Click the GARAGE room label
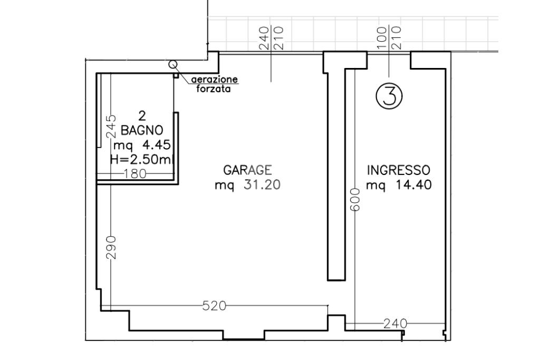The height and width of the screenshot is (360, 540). pos(247,170)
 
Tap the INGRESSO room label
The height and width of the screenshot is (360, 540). pos(399,170)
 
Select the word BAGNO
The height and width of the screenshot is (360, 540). pos(142,130)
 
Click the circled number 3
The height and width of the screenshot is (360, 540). pos(389,96)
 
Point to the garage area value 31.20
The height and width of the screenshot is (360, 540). pos(262,185)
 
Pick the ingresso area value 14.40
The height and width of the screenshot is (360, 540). pos(413,185)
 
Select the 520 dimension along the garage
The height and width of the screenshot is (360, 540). pos(214,306)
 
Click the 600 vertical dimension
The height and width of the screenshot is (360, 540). pos(355,200)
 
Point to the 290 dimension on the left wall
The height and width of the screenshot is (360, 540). pos(111,247)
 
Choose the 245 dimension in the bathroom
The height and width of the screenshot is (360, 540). pos(111,127)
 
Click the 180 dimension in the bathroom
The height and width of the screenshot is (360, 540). pos(135,174)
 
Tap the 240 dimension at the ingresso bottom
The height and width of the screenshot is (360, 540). pos(396,324)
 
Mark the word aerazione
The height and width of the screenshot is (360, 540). pos(215,80)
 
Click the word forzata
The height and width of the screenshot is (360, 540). pos(213,89)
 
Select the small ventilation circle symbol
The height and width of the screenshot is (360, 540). pos(172,64)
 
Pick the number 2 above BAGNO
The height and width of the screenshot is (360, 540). pos(142,115)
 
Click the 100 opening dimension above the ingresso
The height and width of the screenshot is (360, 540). pos(382,38)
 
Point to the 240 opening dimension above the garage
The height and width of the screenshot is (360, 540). pos(265,38)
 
